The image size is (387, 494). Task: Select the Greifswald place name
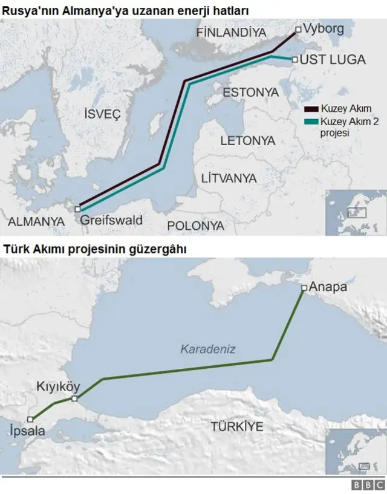[111, 220]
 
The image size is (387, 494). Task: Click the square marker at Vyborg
[298, 29]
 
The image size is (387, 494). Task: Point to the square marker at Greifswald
[77, 209]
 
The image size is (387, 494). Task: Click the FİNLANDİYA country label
[231, 33]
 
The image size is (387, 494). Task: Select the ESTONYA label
[250, 93]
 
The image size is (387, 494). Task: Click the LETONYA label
[247, 141]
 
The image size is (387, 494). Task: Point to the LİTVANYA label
[229, 178]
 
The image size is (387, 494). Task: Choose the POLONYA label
[195, 226]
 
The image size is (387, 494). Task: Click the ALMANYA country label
[36, 222]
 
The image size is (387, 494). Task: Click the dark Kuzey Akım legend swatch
[311, 109]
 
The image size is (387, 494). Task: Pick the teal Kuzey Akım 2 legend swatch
[311, 122]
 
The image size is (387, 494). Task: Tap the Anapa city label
[328, 287]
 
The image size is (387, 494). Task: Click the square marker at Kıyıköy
[74, 399]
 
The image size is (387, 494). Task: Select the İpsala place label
[28, 433]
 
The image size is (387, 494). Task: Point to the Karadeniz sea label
[207, 349]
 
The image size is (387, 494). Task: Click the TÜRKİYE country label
[236, 426]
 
